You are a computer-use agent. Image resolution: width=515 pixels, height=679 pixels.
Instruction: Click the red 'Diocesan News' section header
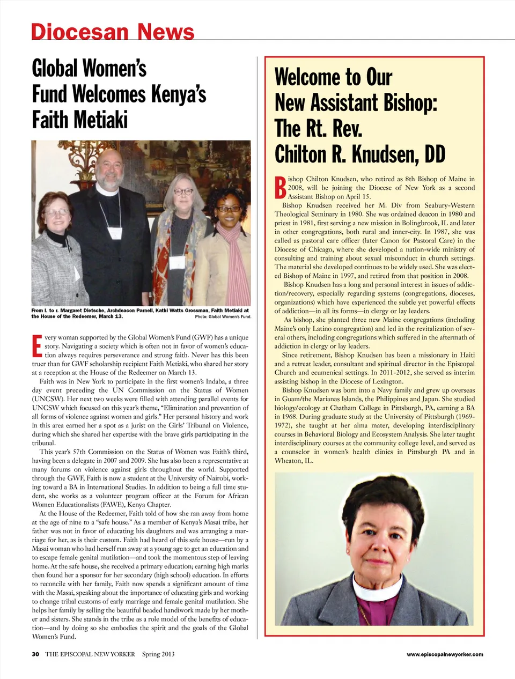click(x=113, y=32)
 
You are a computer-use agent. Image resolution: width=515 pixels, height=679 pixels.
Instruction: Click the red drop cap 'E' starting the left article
click(x=36, y=346)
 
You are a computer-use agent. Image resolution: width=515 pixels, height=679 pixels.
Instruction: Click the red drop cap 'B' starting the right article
click(x=279, y=188)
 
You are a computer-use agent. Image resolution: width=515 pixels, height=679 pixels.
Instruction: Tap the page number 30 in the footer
click(x=35, y=654)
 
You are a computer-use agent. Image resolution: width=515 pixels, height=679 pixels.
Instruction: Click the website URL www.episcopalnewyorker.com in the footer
click(x=445, y=654)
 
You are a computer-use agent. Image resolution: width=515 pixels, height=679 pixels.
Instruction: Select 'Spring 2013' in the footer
click(x=158, y=654)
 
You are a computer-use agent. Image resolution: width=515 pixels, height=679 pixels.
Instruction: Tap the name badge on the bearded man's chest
click(x=115, y=232)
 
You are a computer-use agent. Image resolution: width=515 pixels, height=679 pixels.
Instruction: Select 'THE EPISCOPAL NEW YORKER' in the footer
click(x=90, y=654)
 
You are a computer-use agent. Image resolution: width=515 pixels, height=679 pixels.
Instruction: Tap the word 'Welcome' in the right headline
click(x=309, y=77)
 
